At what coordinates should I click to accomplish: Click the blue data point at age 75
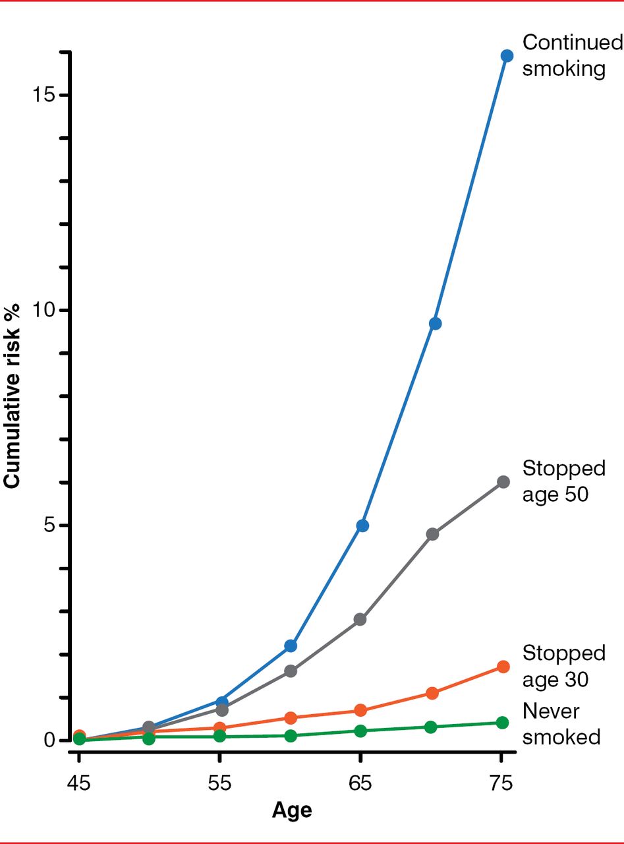point(507,56)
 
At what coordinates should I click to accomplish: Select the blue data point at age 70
point(435,323)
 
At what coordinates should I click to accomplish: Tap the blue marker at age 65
point(362,526)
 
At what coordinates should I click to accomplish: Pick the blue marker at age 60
point(291,646)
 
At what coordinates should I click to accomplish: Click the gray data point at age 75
point(503,482)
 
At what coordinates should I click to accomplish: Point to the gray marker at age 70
point(432,534)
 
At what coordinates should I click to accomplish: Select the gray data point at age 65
point(360,619)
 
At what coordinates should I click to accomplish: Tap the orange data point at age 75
point(503,667)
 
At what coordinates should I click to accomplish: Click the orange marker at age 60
point(291,717)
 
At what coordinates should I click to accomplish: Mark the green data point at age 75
point(502,723)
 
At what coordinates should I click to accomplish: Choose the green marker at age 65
point(360,731)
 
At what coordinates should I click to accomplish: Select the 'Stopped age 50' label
point(563,481)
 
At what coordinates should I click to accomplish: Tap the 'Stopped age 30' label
point(563,665)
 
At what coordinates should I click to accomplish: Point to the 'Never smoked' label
point(561,723)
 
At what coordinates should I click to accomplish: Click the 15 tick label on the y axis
point(44,95)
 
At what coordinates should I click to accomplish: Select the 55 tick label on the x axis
point(220,785)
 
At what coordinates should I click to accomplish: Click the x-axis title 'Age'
point(291,809)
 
